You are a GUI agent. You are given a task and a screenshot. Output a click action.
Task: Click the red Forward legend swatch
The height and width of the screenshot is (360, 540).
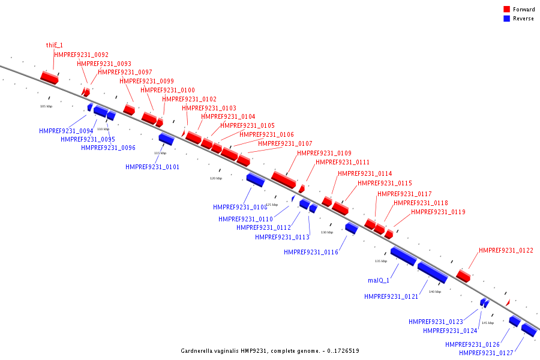click(507, 10)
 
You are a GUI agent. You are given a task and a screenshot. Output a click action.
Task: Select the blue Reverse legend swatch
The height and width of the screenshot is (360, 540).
click(507, 19)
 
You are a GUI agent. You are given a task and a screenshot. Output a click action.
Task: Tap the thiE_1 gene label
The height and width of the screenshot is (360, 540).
click(55, 45)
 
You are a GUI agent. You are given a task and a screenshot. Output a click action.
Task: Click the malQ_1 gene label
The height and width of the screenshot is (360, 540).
click(379, 280)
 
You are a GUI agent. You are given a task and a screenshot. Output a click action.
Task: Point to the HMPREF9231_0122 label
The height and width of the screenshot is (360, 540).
click(506, 251)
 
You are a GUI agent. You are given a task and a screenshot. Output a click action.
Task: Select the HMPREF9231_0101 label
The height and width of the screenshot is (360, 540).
click(152, 167)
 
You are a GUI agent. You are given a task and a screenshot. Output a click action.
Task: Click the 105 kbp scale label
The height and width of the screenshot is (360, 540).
click(46, 106)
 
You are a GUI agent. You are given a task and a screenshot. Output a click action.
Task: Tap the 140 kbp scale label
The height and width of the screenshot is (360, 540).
click(435, 292)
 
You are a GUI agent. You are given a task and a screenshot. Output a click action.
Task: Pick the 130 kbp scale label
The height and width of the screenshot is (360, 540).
click(327, 232)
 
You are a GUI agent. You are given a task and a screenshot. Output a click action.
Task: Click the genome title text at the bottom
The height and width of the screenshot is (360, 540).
click(270, 350)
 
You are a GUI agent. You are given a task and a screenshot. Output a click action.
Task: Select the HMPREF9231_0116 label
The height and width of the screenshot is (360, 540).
click(311, 253)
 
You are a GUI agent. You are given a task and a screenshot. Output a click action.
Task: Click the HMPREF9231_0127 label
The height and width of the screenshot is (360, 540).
click(486, 353)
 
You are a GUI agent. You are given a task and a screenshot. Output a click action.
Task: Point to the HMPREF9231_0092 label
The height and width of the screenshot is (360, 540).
click(82, 55)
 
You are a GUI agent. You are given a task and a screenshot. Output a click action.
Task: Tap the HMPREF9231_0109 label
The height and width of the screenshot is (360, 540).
click(324, 153)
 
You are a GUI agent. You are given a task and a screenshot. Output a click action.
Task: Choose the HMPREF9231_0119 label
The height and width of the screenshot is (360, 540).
click(438, 212)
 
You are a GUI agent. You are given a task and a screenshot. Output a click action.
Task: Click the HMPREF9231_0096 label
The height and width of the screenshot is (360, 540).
click(108, 148)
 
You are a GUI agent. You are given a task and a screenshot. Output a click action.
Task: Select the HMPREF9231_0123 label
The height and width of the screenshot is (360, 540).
click(436, 322)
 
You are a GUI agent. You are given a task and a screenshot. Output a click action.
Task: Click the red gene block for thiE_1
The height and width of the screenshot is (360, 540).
click(49, 77)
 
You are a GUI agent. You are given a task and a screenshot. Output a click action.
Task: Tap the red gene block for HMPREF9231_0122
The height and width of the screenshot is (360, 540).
click(463, 275)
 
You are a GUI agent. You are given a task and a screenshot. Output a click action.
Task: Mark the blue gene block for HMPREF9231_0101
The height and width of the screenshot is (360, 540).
click(166, 139)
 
